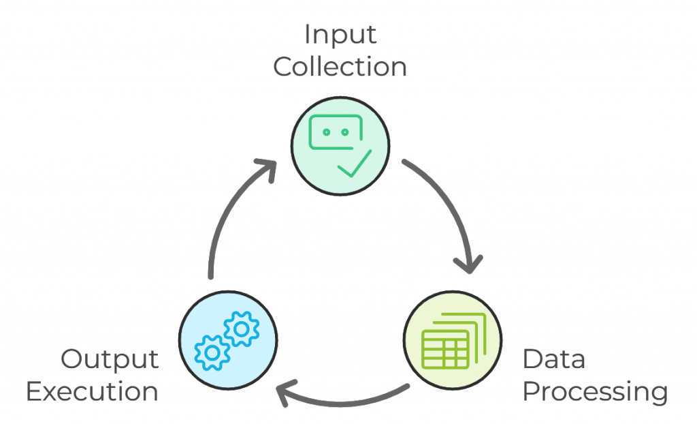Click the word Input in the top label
[340, 34]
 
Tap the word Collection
[340, 67]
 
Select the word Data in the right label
[553, 359]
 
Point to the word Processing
[594, 393]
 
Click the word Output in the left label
[110, 359]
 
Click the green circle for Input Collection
[340, 145]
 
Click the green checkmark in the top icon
[355, 164]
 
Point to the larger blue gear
[241, 329]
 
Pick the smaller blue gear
[212, 352]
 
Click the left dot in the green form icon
[325, 132]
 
